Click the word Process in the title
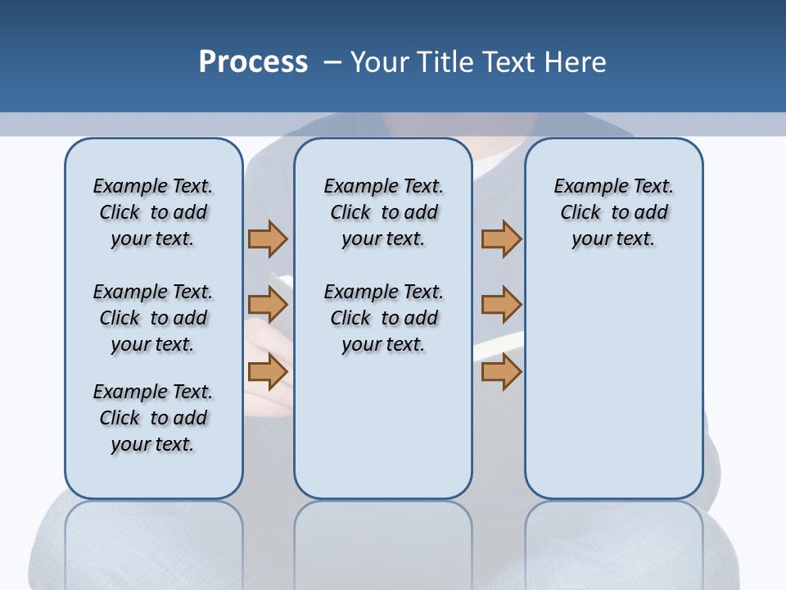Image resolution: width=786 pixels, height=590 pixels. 253,62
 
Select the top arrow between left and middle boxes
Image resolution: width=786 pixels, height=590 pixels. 268,238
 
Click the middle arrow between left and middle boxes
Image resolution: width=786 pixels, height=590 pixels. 268,306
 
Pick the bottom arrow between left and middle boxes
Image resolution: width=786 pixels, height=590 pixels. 268,372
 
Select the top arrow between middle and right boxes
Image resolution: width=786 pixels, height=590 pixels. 501,238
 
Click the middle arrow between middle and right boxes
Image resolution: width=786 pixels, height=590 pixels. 501,306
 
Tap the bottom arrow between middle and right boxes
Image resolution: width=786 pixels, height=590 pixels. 501,372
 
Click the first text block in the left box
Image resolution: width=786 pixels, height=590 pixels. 153,212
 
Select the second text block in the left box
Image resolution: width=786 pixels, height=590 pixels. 153,318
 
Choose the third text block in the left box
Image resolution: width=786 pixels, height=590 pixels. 153,418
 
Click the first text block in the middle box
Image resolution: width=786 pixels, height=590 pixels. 383,212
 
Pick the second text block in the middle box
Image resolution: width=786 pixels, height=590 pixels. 383,318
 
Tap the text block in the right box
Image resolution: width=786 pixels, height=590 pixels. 613,212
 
